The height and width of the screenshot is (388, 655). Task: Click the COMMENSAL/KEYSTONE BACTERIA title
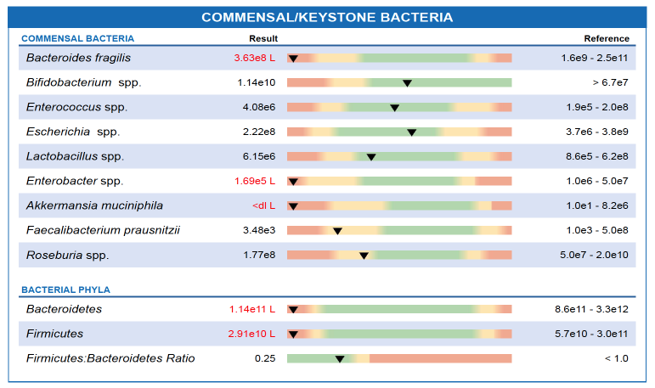[327, 17]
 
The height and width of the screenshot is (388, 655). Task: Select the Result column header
[263, 39]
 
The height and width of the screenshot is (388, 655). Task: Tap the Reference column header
[607, 39]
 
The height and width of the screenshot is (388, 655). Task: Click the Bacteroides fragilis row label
[78, 58]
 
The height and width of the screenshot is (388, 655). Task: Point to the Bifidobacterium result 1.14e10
[257, 82]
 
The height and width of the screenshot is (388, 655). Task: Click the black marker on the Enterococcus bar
[394, 108]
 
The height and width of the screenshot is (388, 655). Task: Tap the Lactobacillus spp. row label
[75, 157]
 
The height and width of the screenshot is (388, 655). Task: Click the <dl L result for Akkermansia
[263, 206]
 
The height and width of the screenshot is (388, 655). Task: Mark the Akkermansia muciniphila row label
[94, 206]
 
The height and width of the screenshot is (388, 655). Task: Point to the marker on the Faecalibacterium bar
[337, 231]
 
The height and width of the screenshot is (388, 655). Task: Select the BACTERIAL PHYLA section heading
[65, 290]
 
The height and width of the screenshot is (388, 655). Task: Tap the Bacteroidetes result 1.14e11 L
[252, 309]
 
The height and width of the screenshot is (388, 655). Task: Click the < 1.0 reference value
[616, 358]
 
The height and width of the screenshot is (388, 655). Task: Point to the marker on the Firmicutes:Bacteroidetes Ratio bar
[339, 359]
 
